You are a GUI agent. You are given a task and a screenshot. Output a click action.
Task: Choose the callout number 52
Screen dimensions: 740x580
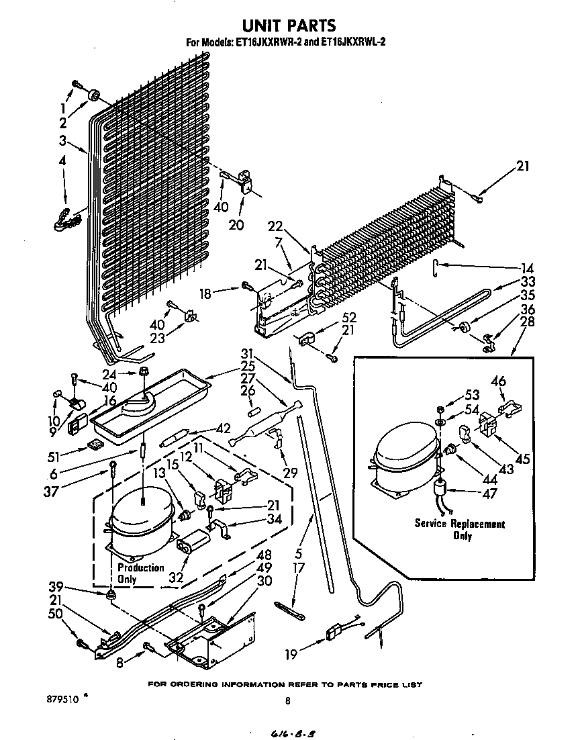tap(348, 317)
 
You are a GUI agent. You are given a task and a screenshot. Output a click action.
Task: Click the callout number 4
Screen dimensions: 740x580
tap(62, 162)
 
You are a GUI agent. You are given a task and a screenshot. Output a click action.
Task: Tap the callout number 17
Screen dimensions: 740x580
tap(299, 568)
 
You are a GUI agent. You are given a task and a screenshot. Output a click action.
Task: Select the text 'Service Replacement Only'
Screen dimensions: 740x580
tap(460, 529)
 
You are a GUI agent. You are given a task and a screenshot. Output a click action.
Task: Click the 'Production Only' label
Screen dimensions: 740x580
tap(139, 573)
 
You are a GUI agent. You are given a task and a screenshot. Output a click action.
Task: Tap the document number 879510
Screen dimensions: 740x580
tap(64, 698)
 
